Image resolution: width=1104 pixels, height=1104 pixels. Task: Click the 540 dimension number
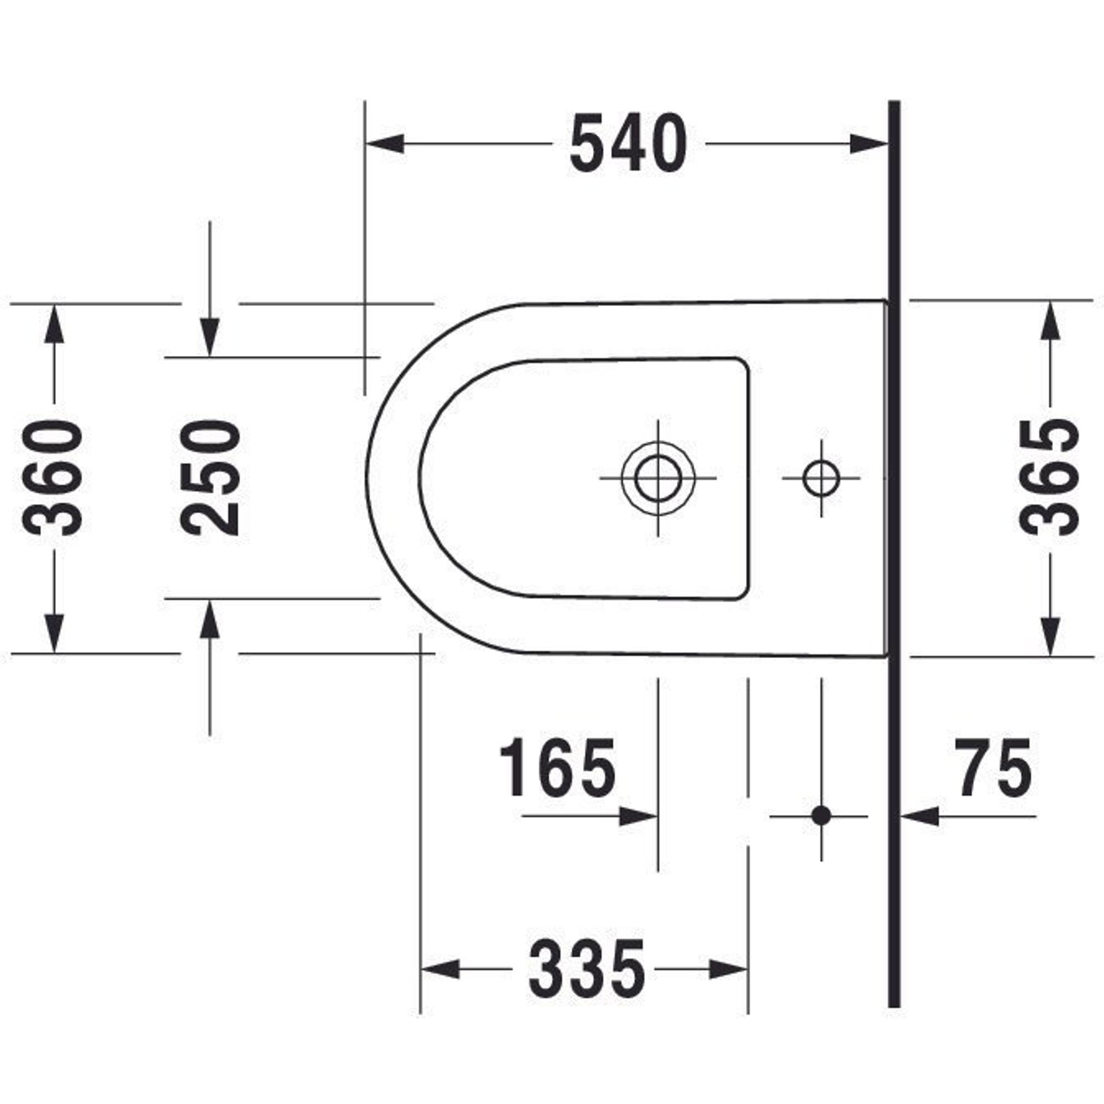click(x=628, y=143)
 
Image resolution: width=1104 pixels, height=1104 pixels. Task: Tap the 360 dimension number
click(x=52, y=477)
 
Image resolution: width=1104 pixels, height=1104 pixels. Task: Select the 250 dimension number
click(x=210, y=477)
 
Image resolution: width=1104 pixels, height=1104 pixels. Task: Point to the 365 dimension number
click(x=1050, y=477)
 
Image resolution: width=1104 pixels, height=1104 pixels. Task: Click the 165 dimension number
click(x=558, y=767)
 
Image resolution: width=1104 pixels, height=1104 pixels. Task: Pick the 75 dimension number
click(x=994, y=767)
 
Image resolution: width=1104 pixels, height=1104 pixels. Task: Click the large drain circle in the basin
click(x=659, y=477)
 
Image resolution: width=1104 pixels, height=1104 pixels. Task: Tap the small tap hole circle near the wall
click(x=821, y=477)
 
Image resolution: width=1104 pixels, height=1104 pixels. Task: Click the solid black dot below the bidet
click(x=821, y=815)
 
